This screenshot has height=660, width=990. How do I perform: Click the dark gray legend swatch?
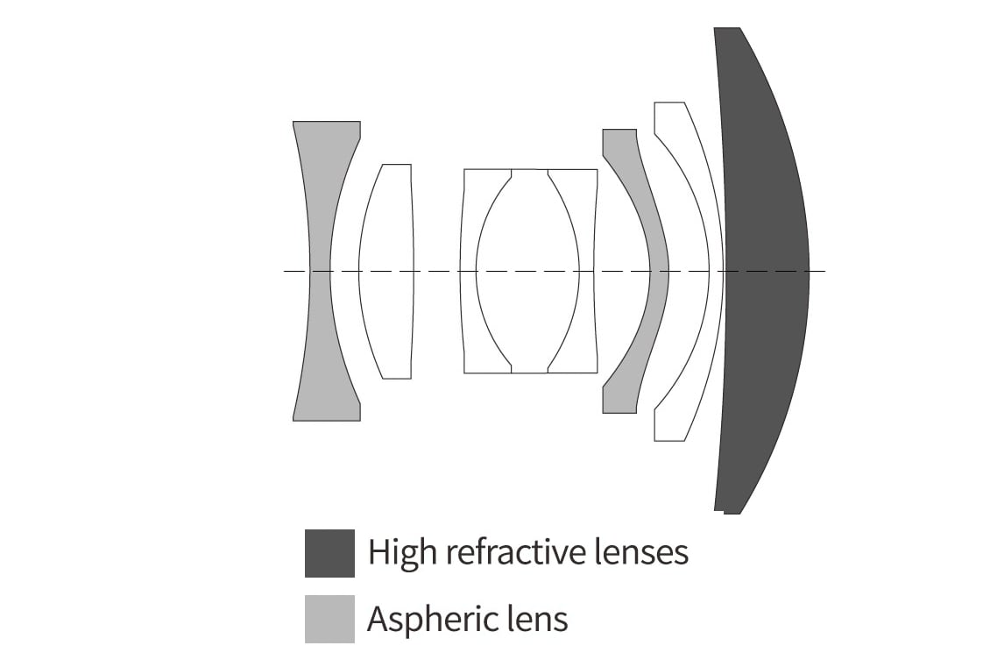[329, 553]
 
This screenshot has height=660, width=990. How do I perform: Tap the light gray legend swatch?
[329, 619]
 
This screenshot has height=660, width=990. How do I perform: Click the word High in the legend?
[403, 553]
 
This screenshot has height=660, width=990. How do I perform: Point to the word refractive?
[515, 551]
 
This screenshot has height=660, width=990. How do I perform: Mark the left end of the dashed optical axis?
[285, 271]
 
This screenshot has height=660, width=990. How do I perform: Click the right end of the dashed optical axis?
[824, 271]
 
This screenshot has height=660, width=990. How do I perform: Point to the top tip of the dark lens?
[726, 28]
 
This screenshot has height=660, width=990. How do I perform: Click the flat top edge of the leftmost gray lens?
[327, 121]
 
